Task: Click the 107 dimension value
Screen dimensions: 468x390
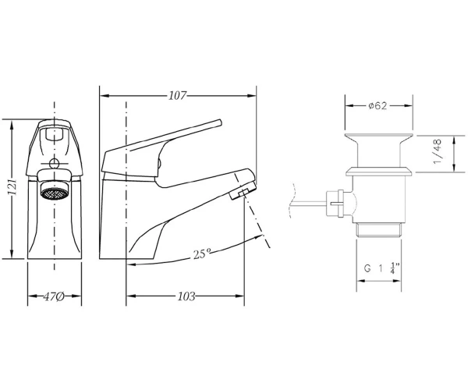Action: tap(178, 96)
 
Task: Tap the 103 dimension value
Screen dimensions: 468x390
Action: tap(186, 296)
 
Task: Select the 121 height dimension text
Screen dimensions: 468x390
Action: tap(12, 187)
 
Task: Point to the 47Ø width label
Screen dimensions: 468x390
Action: tap(54, 296)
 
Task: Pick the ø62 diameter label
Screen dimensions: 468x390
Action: tap(378, 105)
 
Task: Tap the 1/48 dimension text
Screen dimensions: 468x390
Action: tap(438, 151)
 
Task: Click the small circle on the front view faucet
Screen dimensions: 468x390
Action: tap(54, 164)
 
